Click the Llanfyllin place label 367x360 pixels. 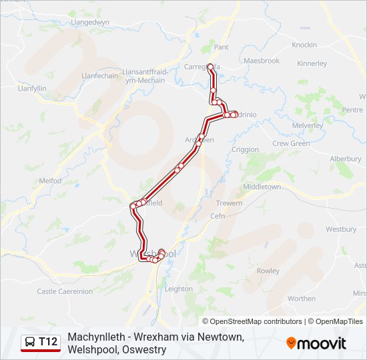pos(31,88)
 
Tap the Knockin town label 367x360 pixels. pos(304,45)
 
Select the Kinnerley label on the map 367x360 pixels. pos(312,64)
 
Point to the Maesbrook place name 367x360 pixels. pos(261,61)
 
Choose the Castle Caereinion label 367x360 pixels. pos(65,291)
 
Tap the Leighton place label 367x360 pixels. pos(178,289)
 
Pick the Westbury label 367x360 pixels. pos(341,229)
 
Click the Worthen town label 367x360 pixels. pos(302,299)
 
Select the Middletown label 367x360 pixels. pos(262,187)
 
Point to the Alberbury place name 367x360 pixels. pos(345,159)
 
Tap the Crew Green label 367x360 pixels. pos(291,143)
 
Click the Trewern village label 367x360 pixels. pos(230,203)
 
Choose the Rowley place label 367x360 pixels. pos(268,271)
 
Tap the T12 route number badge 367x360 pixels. pos(41,343)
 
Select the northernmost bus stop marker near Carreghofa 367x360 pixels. pos(210,67)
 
